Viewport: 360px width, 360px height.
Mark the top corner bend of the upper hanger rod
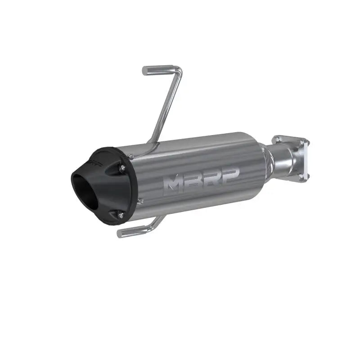[180, 68]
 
